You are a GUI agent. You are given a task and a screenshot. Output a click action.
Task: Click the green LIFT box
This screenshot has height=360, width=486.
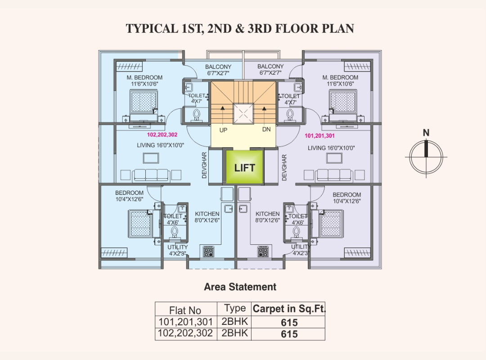pyautogui.click(x=244, y=167)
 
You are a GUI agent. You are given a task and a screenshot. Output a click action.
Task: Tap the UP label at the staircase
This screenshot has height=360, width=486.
pyautogui.click(x=223, y=130)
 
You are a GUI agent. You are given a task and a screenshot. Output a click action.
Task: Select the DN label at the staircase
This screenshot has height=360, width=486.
pyautogui.click(x=266, y=129)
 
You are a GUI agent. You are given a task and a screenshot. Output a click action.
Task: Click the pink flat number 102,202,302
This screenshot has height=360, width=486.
pyautogui.click(x=162, y=135)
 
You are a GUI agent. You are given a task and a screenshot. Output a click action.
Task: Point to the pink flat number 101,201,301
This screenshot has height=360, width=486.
pyautogui.click(x=319, y=135)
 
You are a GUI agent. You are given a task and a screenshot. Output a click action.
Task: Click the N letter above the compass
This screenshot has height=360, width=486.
pyautogui.click(x=426, y=133)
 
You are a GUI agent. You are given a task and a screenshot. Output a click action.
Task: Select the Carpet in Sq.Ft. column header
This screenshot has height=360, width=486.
pyautogui.click(x=289, y=309)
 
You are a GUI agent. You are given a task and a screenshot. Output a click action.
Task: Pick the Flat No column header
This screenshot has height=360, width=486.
pyautogui.click(x=185, y=310)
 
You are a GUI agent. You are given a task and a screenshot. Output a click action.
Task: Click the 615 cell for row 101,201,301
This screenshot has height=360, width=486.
pyautogui.click(x=289, y=323)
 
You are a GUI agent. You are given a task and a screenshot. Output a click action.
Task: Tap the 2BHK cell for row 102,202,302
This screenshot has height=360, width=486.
pyautogui.click(x=234, y=333)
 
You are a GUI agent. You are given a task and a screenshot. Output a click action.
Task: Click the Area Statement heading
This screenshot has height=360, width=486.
pyautogui.click(x=240, y=287)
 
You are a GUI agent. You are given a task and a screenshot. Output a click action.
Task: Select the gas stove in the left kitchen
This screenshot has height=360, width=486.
pyautogui.click(x=208, y=251)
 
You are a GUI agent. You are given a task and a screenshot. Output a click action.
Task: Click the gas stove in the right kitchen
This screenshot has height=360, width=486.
pyautogui.click(x=263, y=251)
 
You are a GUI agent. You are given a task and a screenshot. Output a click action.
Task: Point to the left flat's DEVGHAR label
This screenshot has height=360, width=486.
pyautogui.click(x=204, y=165)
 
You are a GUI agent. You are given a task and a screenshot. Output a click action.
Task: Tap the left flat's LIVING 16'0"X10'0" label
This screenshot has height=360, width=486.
pyautogui.click(x=161, y=145)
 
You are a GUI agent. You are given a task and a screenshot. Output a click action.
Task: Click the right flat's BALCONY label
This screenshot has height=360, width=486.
pyautogui.click(x=270, y=66)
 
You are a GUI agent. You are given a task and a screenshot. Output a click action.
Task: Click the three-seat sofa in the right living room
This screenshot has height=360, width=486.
pyautogui.click(x=334, y=175)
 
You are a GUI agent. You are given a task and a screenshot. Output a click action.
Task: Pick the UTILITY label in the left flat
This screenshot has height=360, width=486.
pyautogui.click(x=178, y=247)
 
